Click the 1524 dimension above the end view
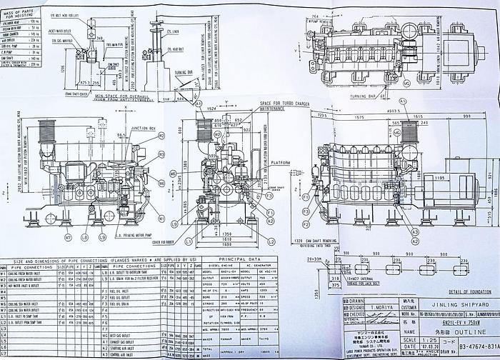tap(212, 109)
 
